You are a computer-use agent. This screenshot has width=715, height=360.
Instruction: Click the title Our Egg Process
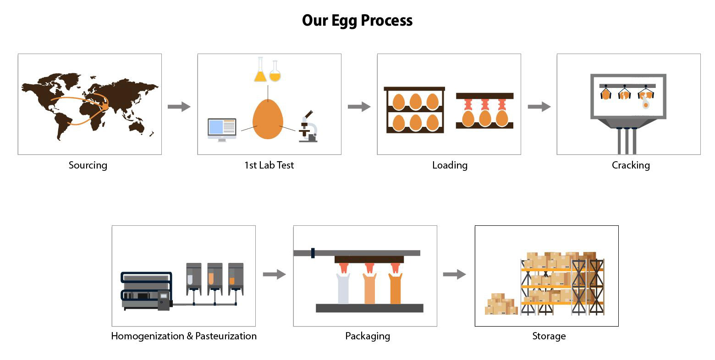[357, 21]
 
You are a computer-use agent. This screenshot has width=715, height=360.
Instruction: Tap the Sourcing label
[88, 165]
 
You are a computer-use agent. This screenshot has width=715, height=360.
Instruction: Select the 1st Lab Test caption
[269, 165]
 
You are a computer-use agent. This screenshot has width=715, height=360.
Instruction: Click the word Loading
[450, 165]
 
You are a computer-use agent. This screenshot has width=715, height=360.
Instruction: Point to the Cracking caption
[631, 165]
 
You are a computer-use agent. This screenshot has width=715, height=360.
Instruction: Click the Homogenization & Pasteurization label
[184, 336]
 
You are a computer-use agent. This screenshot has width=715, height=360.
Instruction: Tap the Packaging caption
[368, 336]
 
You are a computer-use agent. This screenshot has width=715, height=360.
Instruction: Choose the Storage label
[549, 336]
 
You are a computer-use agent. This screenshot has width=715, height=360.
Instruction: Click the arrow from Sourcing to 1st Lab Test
[179, 107]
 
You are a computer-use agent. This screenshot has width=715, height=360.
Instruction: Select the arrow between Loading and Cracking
[539, 107]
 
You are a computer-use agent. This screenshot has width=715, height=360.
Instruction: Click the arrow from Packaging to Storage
[454, 274]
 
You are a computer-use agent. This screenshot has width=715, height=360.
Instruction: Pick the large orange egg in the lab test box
[268, 119]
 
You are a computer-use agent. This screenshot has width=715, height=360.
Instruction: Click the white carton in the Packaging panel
[343, 289]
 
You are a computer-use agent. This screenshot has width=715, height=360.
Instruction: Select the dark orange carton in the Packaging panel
[395, 289]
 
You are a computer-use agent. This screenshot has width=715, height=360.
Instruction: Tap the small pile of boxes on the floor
[500, 305]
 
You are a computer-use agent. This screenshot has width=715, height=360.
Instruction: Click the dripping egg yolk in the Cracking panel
[646, 104]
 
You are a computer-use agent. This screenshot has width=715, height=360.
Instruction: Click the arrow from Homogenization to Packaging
[274, 274]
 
